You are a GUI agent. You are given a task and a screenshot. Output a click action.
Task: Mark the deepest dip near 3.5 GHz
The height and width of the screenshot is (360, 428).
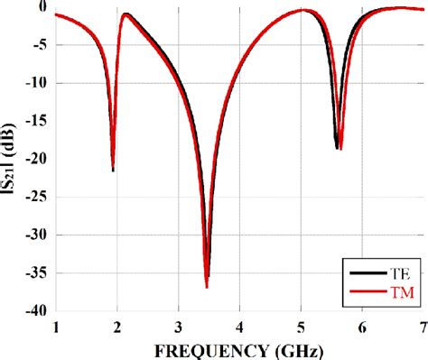(x=207, y=287)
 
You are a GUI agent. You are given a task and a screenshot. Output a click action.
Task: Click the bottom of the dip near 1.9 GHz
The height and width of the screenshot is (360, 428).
(x=113, y=170)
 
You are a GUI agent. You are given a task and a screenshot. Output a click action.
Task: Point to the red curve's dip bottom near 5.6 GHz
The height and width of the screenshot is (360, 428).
(x=340, y=148)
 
